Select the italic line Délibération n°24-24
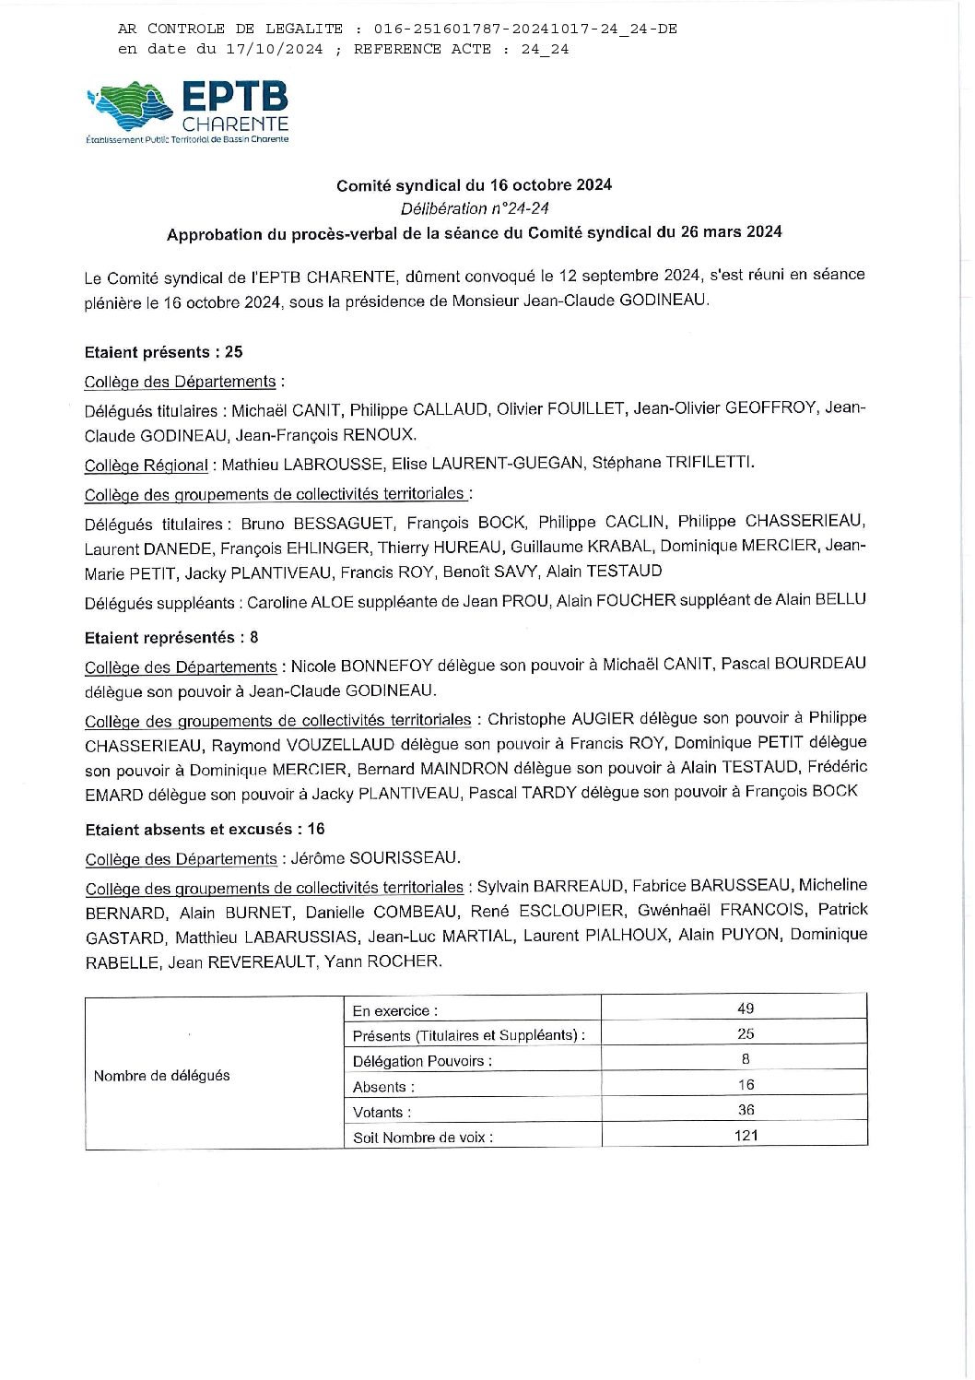[474, 208]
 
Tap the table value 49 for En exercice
[746, 1008]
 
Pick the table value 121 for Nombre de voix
[746, 1136]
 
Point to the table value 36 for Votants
[746, 1110]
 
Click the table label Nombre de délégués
[162, 1075]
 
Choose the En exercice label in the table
[394, 1010]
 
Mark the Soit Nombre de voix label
[422, 1138]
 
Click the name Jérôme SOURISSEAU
[375, 857]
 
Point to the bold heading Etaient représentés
[159, 637]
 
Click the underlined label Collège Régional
[146, 466]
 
